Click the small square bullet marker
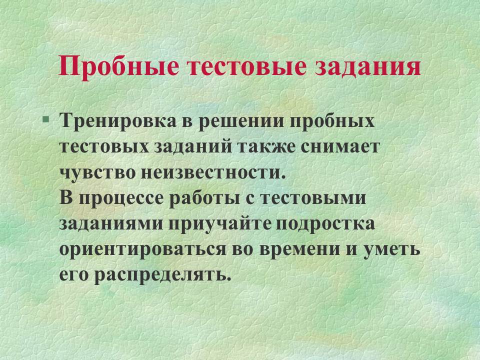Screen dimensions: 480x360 point(45,118)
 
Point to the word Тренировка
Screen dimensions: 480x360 point(118,120)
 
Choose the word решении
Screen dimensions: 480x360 point(240,121)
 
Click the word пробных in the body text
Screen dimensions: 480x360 point(332,120)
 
